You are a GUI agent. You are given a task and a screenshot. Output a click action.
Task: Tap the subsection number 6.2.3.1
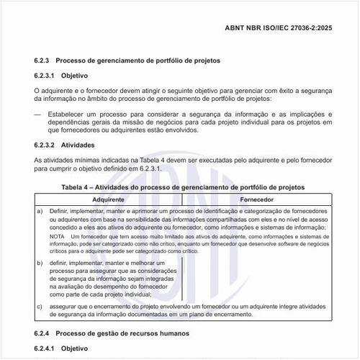46,75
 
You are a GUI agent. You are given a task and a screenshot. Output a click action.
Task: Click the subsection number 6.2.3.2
46,145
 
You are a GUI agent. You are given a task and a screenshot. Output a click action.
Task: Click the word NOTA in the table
58,237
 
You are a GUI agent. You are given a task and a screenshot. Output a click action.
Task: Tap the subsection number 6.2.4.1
46,348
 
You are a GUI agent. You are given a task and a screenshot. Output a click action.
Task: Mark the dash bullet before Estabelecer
38,113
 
